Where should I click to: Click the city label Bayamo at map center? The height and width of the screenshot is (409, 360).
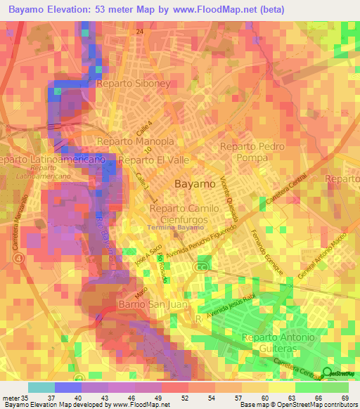coord(194,183)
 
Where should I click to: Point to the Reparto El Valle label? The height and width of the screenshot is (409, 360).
coord(154,160)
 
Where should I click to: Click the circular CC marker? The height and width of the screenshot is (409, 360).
coord(203,268)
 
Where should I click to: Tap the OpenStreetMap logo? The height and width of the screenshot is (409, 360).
coord(339,374)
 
